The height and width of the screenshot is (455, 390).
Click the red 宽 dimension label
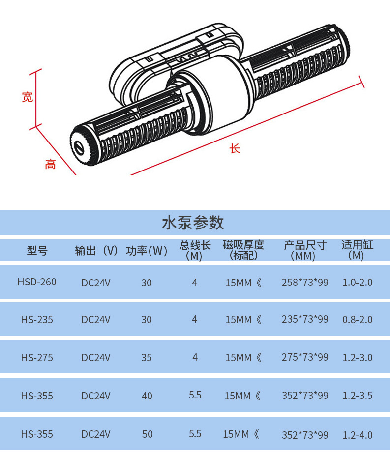[28, 97]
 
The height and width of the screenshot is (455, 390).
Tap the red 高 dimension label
[50, 164]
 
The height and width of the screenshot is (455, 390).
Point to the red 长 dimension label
[235, 148]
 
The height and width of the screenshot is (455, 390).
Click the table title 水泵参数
[193, 223]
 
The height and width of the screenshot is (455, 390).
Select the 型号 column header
[37, 251]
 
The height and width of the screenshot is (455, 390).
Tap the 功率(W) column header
[147, 251]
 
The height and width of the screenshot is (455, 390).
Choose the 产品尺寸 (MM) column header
[305, 251]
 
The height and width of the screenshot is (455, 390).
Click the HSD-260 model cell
[37, 282]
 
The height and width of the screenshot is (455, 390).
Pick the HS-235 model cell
[37, 320]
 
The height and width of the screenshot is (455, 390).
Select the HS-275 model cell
[37, 358]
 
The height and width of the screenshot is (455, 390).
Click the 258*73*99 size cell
[305, 282]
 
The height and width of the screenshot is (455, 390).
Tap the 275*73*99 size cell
[305, 357]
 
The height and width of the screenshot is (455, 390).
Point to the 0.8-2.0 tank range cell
[358, 320]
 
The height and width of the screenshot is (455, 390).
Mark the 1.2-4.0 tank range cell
[358, 435]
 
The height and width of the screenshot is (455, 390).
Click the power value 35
[147, 358]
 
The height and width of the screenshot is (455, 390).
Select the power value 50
[147, 434]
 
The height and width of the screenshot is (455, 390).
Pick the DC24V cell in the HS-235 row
[96, 320]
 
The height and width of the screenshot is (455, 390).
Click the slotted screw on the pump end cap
[79, 148]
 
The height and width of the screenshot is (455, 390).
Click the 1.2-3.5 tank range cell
[358, 395]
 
